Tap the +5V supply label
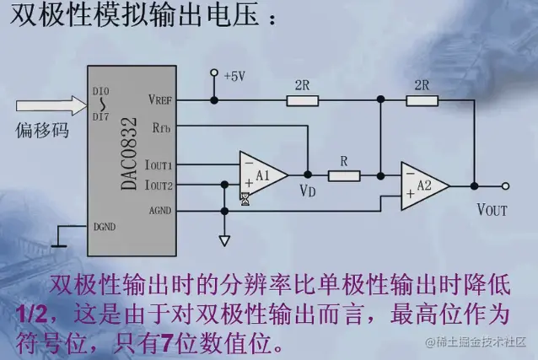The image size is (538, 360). pyautogui.click(x=233, y=76)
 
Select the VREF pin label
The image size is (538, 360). pyautogui.click(x=160, y=99)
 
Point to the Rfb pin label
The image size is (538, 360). pyautogui.click(x=162, y=128)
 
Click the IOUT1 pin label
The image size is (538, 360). pyautogui.click(x=159, y=165)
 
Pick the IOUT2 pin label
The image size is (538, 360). pyautogui.click(x=159, y=185)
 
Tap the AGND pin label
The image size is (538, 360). pyautogui.click(x=159, y=209)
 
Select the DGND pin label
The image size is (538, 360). pyautogui.click(x=105, y=226)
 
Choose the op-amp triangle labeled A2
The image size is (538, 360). pyautogui.click(x=422, y=185)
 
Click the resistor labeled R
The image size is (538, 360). pyautogui.click(x=344, y=175)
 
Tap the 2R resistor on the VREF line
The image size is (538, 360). pyautogui.click(x=302, y=100)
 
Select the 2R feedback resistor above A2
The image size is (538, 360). pyautogui.click(x=422, y=100)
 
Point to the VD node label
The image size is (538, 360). pyautogui.click(x=308, y=191)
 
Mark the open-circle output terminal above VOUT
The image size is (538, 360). pyautogui.click(x=505, y=185)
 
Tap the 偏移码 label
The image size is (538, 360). pyautogui.click(x=41, y=132)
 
